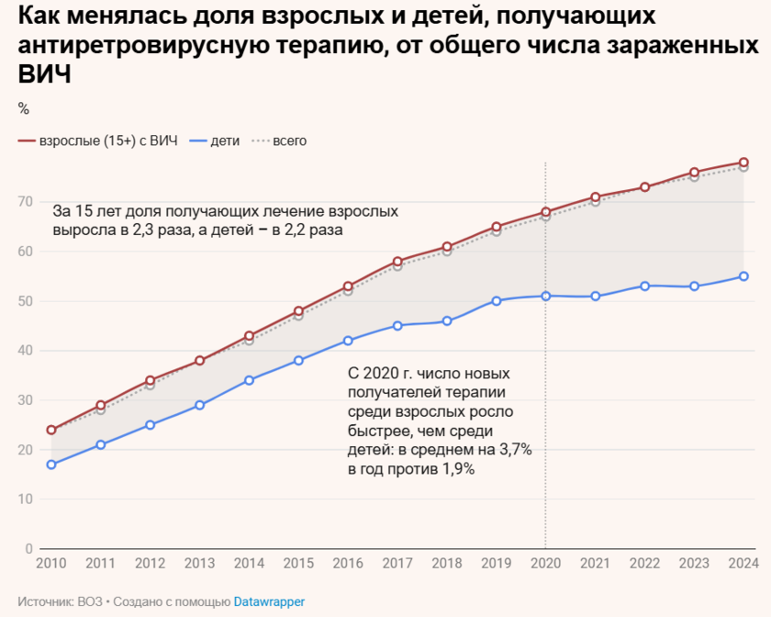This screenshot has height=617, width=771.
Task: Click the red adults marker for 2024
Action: (743, 163)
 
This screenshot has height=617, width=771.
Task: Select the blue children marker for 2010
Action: (51, 465)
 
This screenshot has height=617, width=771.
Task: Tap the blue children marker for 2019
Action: (497, 300)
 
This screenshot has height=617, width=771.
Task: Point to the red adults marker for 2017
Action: (397, 262)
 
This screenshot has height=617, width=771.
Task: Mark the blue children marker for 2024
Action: (743, 276)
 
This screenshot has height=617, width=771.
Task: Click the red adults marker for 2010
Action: (51, 430)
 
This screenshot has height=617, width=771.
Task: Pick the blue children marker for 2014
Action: (250, 380)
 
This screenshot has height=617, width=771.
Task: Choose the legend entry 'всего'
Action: (288, 141)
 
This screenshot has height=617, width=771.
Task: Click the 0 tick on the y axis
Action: (29, 548)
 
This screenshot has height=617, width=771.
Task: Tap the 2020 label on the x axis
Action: (546, 563)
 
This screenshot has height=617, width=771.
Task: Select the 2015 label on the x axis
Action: (298, 563)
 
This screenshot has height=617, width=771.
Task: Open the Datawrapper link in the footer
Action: (269, 601)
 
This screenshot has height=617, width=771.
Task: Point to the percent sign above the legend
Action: (24, 109)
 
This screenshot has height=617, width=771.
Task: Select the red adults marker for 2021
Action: (596, 196)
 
